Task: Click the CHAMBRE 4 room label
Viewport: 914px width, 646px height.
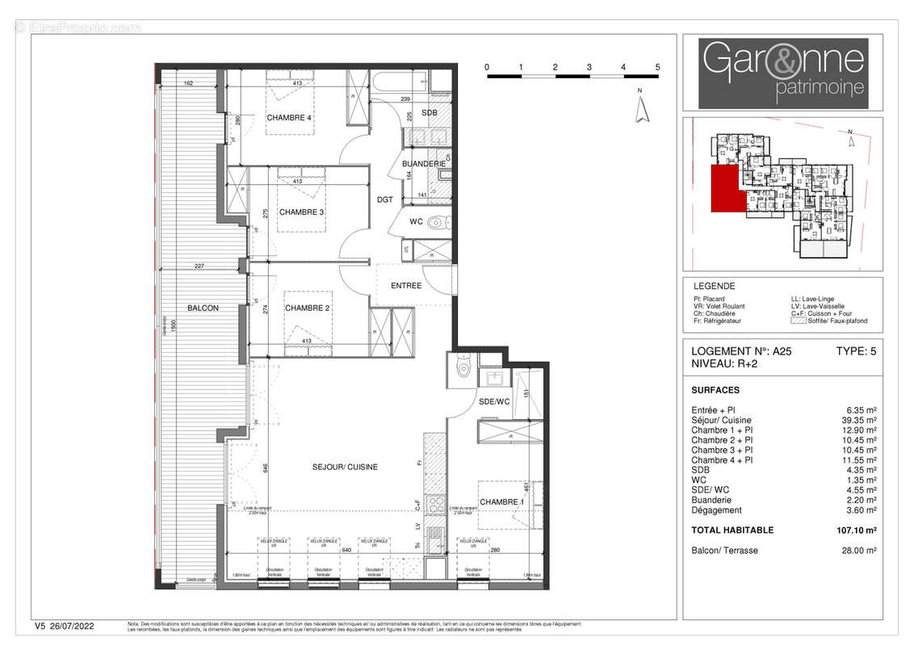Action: click(289, 118)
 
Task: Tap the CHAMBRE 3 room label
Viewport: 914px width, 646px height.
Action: click(301, 212)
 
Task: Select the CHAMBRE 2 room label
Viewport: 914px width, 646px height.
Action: click(308, 308)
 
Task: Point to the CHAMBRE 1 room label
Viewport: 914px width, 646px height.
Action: click(501, 502)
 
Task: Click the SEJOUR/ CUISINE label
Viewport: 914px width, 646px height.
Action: click(346, 468)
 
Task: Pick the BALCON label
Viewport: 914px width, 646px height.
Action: click(203, 308)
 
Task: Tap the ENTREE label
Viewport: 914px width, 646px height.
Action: click(405, 286)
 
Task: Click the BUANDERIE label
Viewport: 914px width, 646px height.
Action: click(424, 164)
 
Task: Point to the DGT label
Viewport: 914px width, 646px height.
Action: click(384, 199)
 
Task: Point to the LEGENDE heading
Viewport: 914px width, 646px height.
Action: click(714, 286)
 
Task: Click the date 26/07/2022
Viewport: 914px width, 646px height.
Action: click(78, 626)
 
